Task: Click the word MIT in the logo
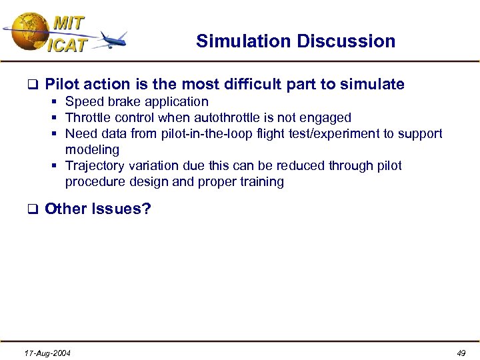coord(69,23)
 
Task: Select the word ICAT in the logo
coord(67,45)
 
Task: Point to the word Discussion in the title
coord(346,41)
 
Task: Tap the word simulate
coord(372,84)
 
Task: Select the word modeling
coord(92,150)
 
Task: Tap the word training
coord(260,182)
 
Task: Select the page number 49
coord(461,353)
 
